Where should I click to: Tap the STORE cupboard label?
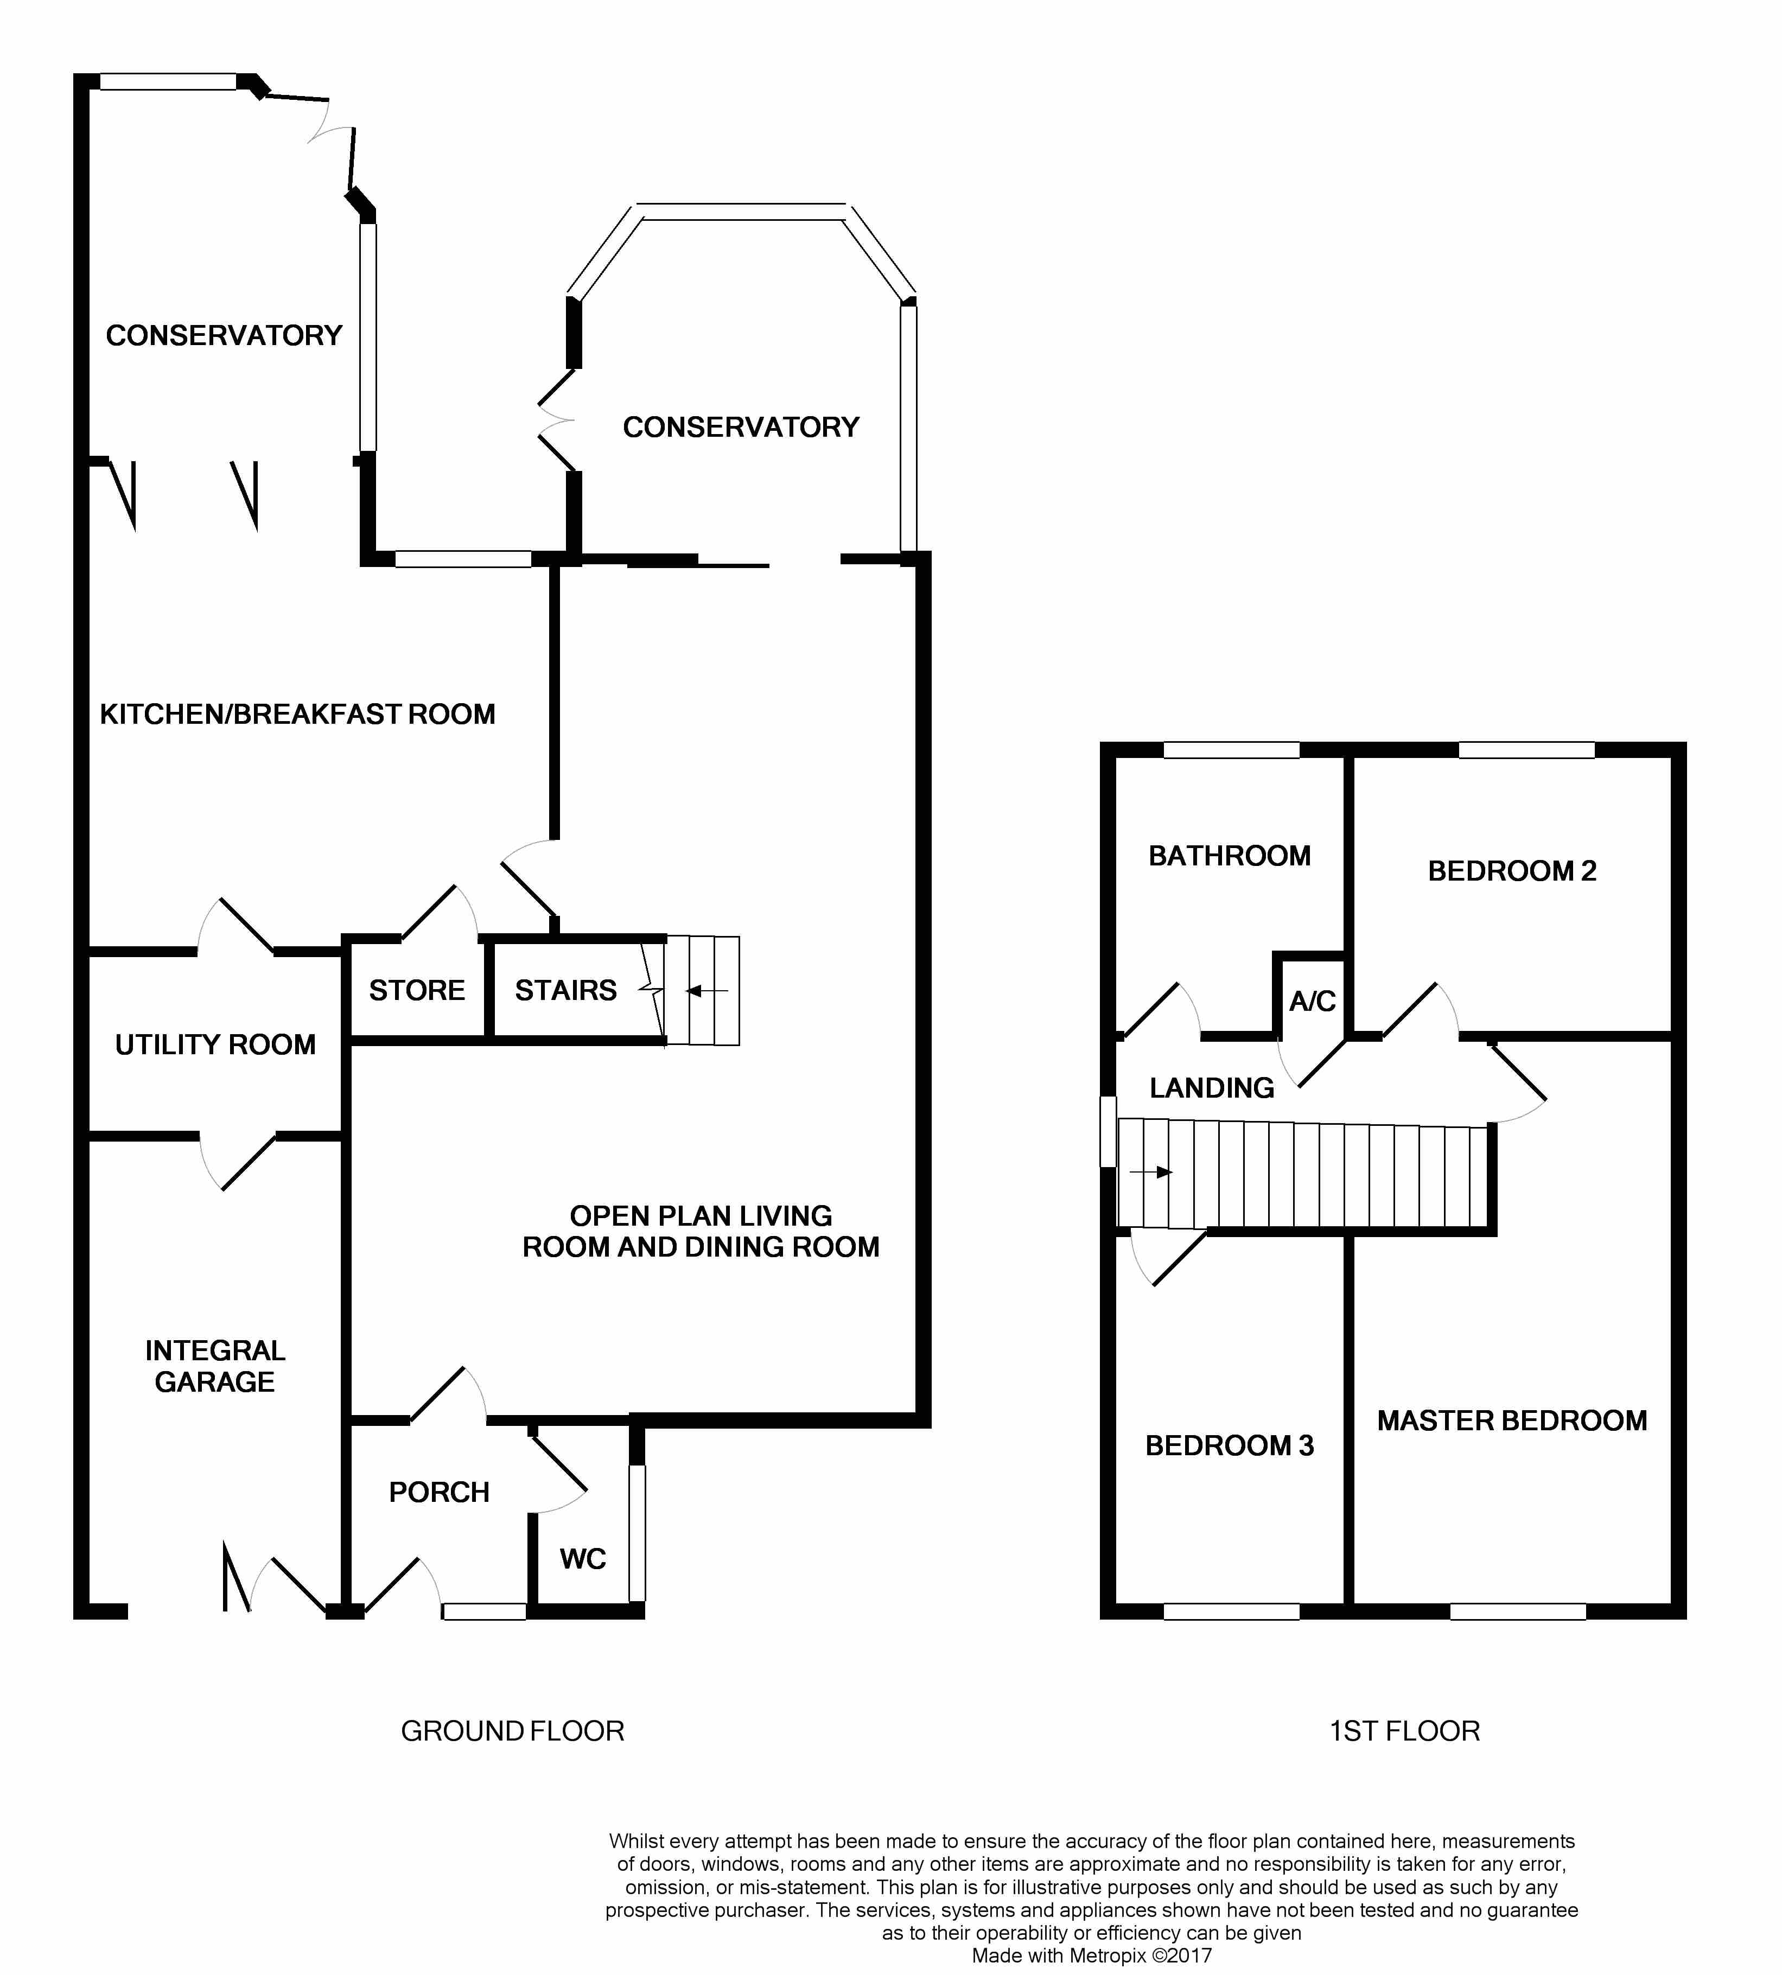417,990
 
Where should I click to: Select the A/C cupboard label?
1312,1001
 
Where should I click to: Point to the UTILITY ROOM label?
215,1045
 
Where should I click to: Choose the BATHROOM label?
1230,856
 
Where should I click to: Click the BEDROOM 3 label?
1230,1445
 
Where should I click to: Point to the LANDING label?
1212,1088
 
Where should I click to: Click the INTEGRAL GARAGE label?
215,1366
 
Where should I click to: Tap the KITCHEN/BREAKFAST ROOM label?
298,714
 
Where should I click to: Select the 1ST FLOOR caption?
1404,1731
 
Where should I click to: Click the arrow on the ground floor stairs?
707,992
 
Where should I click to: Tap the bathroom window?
1231,750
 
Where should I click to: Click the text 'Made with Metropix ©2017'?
1092,1957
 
